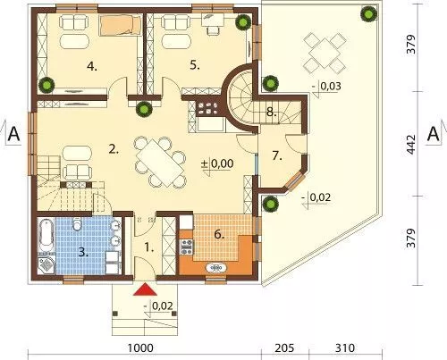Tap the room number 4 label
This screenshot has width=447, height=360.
click(92, 66)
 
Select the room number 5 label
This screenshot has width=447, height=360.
click(195, 65)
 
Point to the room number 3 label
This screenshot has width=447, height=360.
click(84, 253)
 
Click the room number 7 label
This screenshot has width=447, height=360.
click(277, 156)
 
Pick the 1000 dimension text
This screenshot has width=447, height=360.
click(140, 347)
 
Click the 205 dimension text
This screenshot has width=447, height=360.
click(284, 347)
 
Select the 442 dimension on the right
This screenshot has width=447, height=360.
click(411, 145)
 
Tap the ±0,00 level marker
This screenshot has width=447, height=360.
click(217, 164)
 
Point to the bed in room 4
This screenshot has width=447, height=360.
click(120, 25)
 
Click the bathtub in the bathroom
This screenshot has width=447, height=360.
click(46, 236)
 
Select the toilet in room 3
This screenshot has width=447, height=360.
click(77, 224)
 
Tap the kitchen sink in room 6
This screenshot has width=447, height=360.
click(216, 268)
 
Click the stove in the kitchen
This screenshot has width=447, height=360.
click(187, 247)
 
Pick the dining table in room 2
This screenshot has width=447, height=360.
click(160, 163)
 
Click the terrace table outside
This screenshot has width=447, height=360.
click(325, 54)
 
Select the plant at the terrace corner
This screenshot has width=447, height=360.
click(368, 13)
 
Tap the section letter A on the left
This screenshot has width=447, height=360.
click(13, 134)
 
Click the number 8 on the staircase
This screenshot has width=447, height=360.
click(270, 113)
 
